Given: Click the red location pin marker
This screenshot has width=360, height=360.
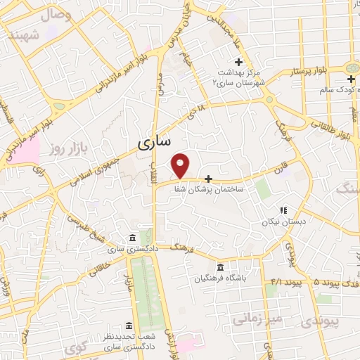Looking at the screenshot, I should (181, 166).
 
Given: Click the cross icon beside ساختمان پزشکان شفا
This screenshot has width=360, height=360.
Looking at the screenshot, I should (207, 179).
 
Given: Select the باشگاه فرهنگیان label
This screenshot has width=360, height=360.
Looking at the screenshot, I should (221, 278).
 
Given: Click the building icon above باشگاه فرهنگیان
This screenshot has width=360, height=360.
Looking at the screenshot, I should (221, 268).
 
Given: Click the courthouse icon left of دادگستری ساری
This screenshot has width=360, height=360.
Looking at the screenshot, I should (133, 238).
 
